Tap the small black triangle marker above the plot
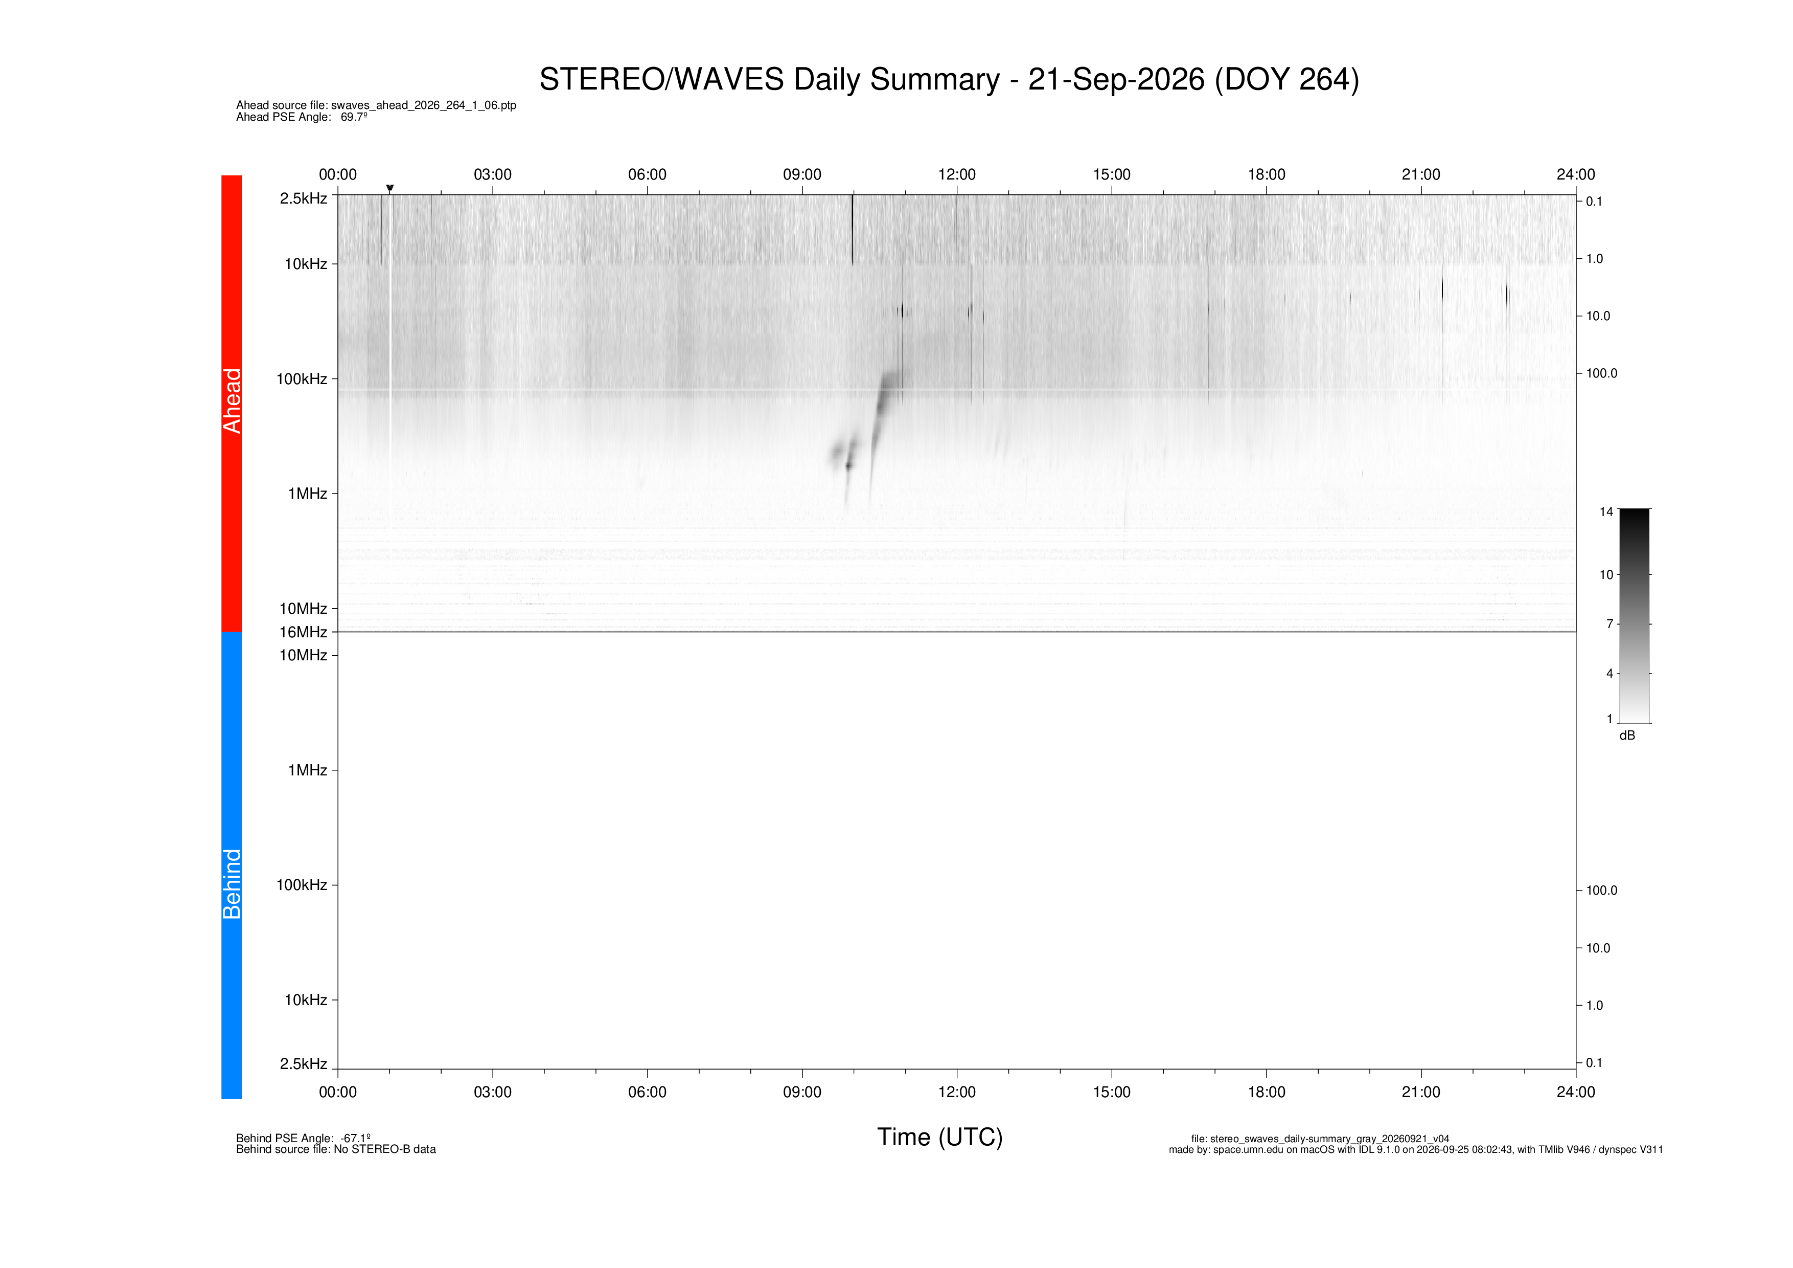[x=389, y=188]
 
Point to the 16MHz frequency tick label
[x=303, y=632]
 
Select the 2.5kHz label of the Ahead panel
[x=303, y=198]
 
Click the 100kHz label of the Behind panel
[x=302, y=884]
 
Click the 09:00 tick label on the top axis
[x=802, y=174]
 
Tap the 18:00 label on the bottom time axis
[x=1266, y=1092]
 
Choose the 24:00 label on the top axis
[x=1575, y=174]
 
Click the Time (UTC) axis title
[x=939, y=1137]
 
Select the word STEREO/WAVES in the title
[x=661, y=80]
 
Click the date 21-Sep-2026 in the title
[x=1116, y=80]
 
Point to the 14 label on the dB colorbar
[x=1605, y=511]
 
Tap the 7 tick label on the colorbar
[x=1610, y=624]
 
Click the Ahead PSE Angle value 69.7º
[x=354, y=117]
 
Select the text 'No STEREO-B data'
[x=385, y=1149]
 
